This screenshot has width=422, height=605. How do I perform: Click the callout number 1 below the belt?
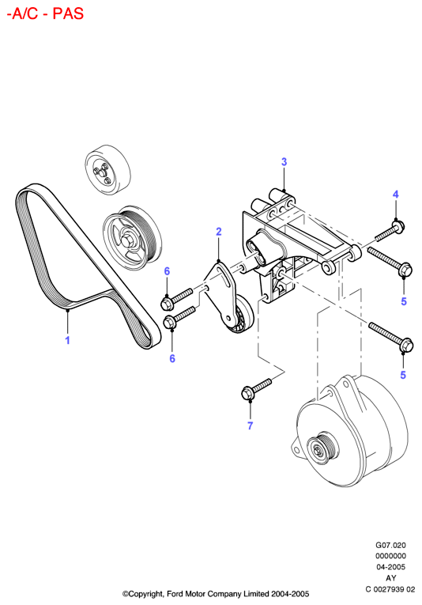coord(67,340)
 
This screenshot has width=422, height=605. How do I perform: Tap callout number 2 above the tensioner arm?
coord(219,232)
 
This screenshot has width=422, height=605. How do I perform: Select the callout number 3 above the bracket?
coord(284,162)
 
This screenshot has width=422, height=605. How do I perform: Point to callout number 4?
coord(395,194)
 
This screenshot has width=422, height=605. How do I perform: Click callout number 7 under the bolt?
coord(250,425)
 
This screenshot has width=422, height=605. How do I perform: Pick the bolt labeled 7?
coord(256,388)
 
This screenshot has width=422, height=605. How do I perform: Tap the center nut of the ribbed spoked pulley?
coord(126,240)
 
